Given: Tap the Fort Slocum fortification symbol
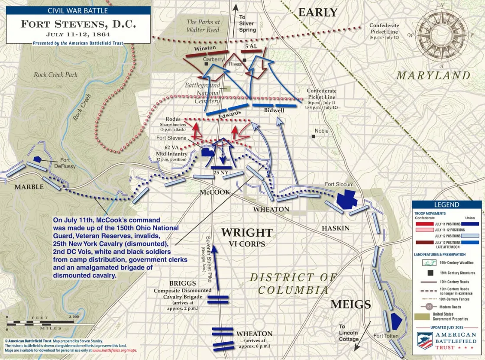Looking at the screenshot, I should click(x=346, y=199).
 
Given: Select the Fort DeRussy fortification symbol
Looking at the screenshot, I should click(x=38, y=159).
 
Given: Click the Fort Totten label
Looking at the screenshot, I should click(x=385, y=336).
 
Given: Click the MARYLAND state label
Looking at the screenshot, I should click(x=433, y=75).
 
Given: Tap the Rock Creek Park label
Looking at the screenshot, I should click(x=56, y=75).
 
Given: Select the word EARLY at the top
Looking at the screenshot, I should click(x=318, y=13).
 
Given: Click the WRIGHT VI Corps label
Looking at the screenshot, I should click(x=247, y=237).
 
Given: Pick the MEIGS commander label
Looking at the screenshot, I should click(x=351, y=305).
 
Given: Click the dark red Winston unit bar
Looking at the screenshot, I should click(x=200, y=55).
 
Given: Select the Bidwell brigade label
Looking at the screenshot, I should click(x=274, y=110).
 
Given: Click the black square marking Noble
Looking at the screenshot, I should click(x=314, y=136).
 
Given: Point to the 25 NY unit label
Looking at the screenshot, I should click(x=220, y=172).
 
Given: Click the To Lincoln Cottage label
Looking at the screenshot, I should click(x=349, y=333).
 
